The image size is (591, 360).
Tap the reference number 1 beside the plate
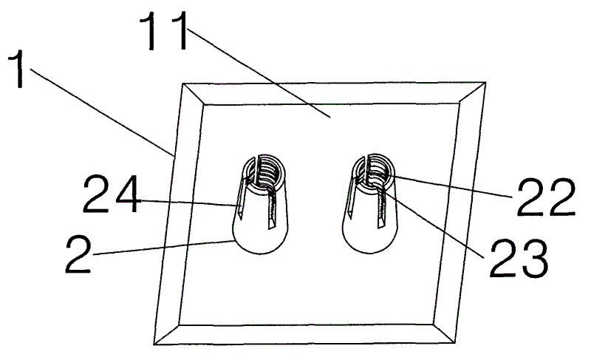click(17, 69)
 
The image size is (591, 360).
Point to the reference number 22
click(546, 197)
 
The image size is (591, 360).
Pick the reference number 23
click(519, 259)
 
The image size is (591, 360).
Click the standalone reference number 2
click(78, 254)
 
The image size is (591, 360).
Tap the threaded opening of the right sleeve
click(372, 170)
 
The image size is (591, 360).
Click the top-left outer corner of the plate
click(183, 84)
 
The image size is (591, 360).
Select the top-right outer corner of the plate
click(485, 82)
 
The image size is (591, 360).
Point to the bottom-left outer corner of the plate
click(154, 344)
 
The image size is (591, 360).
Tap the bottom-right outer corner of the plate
click(455, 343)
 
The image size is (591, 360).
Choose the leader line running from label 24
click(188, 203)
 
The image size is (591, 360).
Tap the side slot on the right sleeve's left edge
click(352, 197)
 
